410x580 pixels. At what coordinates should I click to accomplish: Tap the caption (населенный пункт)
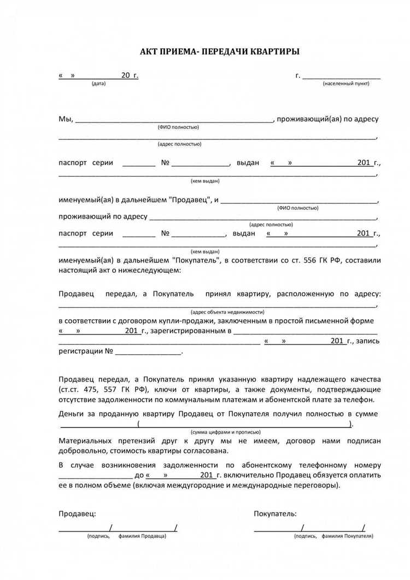pyautogui.click(x=345, y=83)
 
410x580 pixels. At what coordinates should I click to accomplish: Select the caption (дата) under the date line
pyautogui.click(x=99, y=83)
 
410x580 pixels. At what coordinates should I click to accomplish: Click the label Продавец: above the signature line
pyautogui.click(x=77, y=513)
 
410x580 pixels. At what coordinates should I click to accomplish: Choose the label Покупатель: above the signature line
pyautogui.click(x=276, y=513)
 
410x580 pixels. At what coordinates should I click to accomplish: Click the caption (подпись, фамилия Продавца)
pyautogui.click(x=126, y=536)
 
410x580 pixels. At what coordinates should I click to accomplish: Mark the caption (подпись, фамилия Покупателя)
pyautogui.click(x=329, y=536)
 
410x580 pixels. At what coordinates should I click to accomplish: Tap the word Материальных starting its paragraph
pyautogui.click(x=85, y=440)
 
